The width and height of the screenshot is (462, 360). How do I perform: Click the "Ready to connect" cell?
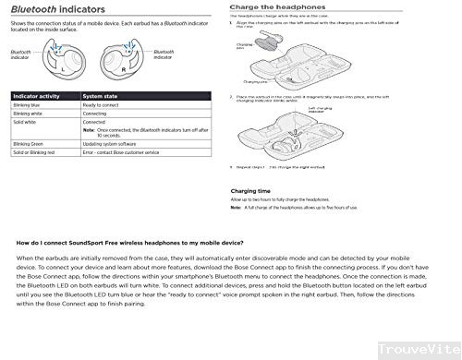pyautogui.click(x=102, y=106)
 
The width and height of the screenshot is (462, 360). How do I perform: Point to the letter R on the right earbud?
pyautogui.click(x=123, y=69)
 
